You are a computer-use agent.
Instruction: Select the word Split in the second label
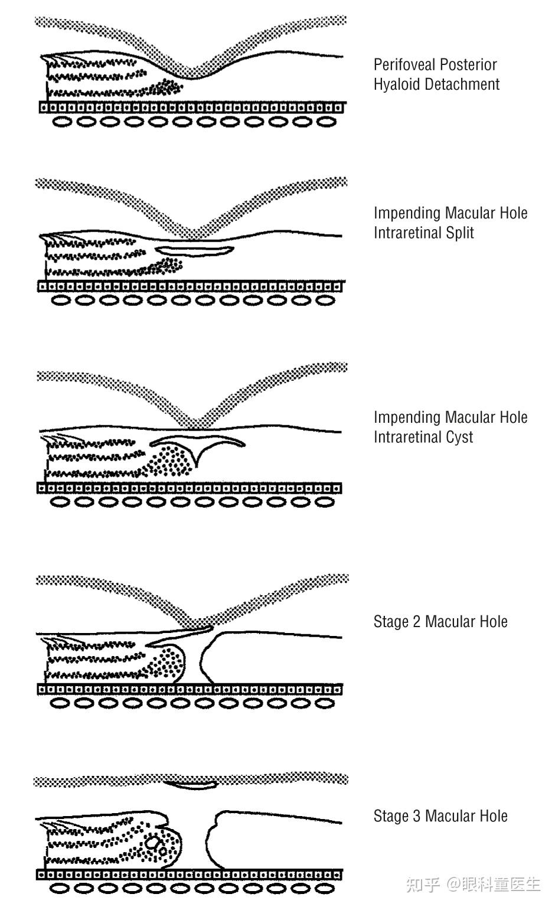tap(461, 233)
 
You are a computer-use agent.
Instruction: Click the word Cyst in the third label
tap(459, 438)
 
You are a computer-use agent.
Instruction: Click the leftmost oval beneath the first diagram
tap(64, 122)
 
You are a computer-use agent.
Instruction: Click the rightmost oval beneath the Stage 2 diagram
tap(325, 703)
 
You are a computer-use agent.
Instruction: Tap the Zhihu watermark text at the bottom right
tap(472, 884)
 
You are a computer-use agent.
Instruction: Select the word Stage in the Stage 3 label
tap(391, 817)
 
